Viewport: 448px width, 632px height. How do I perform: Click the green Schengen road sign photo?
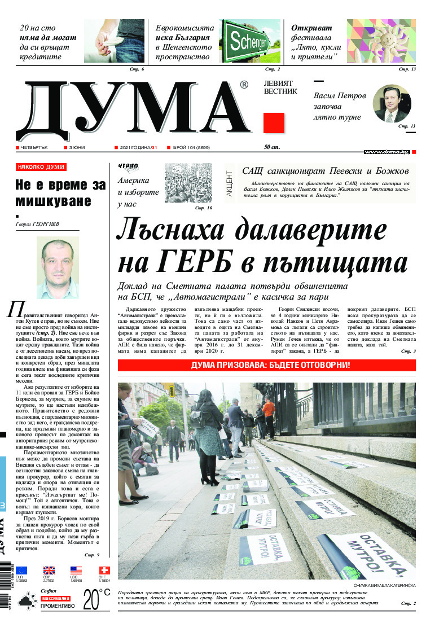point(249,41)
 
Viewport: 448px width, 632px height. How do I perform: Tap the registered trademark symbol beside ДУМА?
point(244,85)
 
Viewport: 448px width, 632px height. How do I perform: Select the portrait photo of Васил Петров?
point(392,103)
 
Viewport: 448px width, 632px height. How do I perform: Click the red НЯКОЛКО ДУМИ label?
point(41,167)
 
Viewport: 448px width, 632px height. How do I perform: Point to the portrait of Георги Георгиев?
point(58,267)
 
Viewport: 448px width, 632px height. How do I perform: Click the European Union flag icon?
point(21,570)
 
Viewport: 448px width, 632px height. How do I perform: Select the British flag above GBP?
point(49,570)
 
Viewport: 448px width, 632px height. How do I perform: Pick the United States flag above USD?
point(76,570)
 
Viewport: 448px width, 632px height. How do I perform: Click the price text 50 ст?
point(272,147)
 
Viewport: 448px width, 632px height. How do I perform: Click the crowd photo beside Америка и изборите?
point(188,183)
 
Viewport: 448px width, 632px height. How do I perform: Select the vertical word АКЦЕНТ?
point(229,183)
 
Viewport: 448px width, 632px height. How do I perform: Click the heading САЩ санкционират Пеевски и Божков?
point(324,170)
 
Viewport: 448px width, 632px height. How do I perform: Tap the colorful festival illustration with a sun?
point(381,41)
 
